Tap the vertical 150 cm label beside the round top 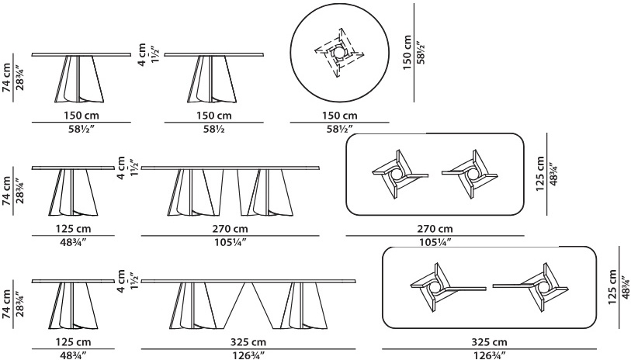pyautogui.click(x=407, y=53)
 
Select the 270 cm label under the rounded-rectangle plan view pyautogui.click(x=435, y=229)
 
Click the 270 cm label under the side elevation pyautogui.click(x=231, y=229)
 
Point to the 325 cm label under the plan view pyautogui.click(x=489, y=342)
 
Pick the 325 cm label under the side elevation pyautogui.click(x=248, y=342)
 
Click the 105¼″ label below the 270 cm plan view pyautogui.click(x=435, y=242)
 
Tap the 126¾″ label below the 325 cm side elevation pyautogui.click(x=248, y=355)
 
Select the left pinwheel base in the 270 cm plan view pyautogui.click(x=400, y=175)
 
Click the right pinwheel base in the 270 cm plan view pyautogui.click(x=470, y=175)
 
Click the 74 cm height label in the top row pyautogui.click(x=7, y=78)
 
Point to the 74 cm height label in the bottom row pyautogui.click(x=7, y=304)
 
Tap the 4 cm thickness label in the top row pyautogui.click(x=142, y=55)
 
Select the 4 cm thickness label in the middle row pyautogui.click(x=120, y=168)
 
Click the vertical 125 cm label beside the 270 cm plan pyautogui.click(x=540, y=174)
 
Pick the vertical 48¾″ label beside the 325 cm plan pyautogui.click(x=625, y=287)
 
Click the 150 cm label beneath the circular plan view pyautogui.click(x=340, y=116)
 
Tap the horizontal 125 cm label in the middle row pyautogui.click(x=73, y=229)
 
